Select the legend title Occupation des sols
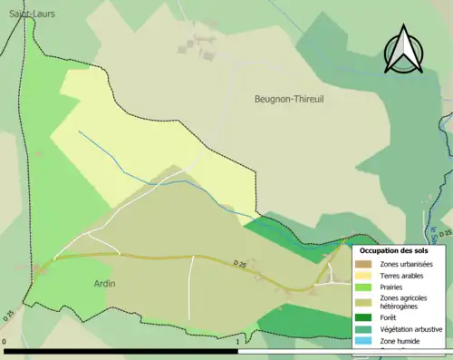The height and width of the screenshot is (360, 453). point(394,249)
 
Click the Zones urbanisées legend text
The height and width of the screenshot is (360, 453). point(407,263)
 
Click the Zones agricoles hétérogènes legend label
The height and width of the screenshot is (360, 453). point(404,302)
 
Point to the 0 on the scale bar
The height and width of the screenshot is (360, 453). point(5,342)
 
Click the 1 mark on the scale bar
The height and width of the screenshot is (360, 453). point(237,342)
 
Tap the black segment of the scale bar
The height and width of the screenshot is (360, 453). point(118,350)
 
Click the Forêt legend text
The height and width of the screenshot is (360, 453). point(390,317)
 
